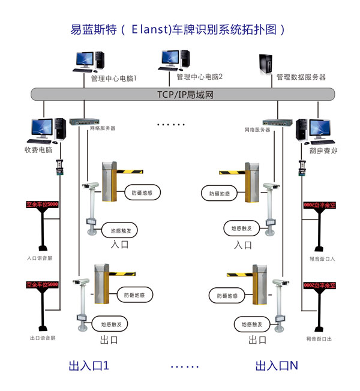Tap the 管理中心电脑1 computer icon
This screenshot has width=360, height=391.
click(x=89, y=62)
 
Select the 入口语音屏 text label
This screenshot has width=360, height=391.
click(x=40, y=258)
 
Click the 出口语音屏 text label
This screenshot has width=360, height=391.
click(x=41, y=338)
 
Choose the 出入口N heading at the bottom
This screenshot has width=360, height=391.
click(x=277, y=365)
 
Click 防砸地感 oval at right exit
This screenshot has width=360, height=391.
click(x=224, y=295)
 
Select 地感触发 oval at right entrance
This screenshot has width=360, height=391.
click(x=241, y=228)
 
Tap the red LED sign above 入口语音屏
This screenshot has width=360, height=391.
click(x=42, y=204)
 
